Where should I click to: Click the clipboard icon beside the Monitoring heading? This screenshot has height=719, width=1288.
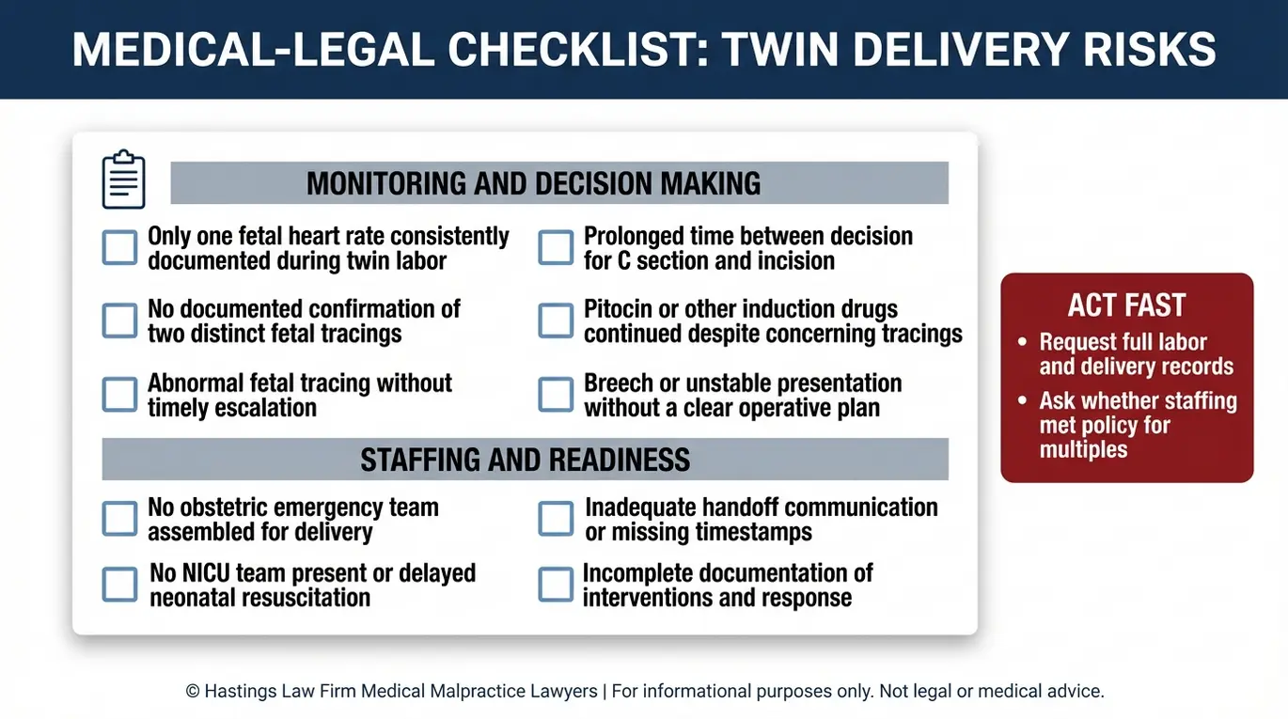click(123, 180)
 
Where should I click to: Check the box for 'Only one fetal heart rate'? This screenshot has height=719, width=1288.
click(119, 248)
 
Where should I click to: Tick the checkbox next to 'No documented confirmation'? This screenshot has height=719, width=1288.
click(119, 320)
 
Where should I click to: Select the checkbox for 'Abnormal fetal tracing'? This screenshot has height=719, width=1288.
click(119, 394)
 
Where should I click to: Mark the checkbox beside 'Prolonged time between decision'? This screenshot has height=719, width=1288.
click(556, 248)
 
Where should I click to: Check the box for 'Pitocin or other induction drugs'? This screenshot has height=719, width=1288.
click(556, 320)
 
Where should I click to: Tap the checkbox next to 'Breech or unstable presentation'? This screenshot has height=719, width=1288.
click(556, 394)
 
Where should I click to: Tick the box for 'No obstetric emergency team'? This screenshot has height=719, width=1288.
click(119, 519)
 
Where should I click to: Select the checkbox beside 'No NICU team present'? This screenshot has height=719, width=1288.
click(119, 585)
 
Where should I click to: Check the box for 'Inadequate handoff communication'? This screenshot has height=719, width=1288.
click(556, 519)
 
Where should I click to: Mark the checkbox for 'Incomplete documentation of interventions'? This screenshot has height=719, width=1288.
click(556, 585)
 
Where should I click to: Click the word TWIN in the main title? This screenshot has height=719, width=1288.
click(781, 50)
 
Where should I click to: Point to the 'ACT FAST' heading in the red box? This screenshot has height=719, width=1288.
click(1126, 305)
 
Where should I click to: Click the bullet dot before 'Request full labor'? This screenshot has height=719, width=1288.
click(1022, 342)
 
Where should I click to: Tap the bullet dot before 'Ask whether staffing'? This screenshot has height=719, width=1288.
click(1022, 400)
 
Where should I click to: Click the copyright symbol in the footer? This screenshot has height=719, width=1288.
click(193, 692)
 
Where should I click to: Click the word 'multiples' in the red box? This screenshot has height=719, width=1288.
click(1083, 449)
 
